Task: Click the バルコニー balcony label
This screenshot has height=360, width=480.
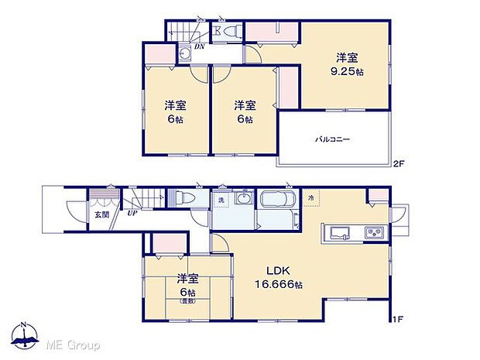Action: (332, 140)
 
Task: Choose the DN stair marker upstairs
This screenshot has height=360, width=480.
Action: (199, 47)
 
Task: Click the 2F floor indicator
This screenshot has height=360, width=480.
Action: (398, 163)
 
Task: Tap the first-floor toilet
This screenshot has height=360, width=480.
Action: (183, 198)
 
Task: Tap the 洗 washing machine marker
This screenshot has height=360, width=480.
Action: (220, 201)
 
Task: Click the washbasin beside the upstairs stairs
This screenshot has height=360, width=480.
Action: (185, 54)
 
